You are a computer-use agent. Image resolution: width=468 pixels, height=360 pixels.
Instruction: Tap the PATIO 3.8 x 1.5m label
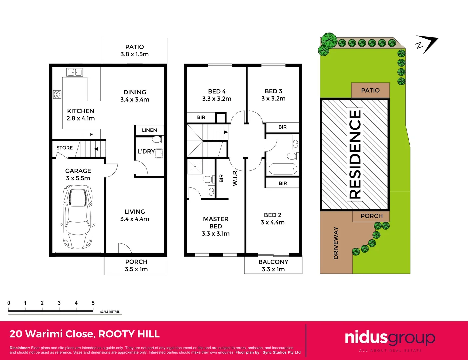pos(135,51)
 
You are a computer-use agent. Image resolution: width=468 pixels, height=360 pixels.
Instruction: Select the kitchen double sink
pos(75,72)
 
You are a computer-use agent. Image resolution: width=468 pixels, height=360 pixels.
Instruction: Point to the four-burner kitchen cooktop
pos(57,94)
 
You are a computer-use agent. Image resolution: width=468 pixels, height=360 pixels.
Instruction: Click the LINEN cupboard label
pos(149,130)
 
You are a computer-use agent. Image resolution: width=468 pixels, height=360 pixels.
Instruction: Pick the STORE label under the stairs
pos(65,148)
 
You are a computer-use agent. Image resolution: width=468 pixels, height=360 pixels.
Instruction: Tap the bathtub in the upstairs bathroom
pos(283,169)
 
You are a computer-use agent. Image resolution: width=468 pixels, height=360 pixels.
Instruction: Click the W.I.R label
pos(235,178)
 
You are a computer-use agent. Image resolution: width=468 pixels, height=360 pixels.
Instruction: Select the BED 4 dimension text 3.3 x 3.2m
pos(217,99)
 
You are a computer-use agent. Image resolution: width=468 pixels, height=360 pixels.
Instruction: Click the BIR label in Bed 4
pos(201,117)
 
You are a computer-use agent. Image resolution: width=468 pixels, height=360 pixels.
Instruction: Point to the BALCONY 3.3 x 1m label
pos(273,266)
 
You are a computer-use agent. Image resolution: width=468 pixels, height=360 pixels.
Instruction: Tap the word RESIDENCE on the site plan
pos(355,154)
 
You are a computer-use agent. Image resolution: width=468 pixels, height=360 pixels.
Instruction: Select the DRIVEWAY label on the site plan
pos(336,243)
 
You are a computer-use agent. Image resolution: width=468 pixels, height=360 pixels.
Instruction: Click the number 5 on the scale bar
pos(93,303)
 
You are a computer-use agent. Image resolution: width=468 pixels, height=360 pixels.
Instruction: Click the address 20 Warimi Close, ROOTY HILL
pos(85,334)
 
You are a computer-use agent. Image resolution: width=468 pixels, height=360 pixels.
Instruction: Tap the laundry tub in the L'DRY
pos(159,154)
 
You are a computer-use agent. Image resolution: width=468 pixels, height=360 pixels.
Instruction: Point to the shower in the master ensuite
pos(195,167)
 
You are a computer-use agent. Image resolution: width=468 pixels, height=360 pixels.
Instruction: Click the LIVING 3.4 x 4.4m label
pos(135,215)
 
